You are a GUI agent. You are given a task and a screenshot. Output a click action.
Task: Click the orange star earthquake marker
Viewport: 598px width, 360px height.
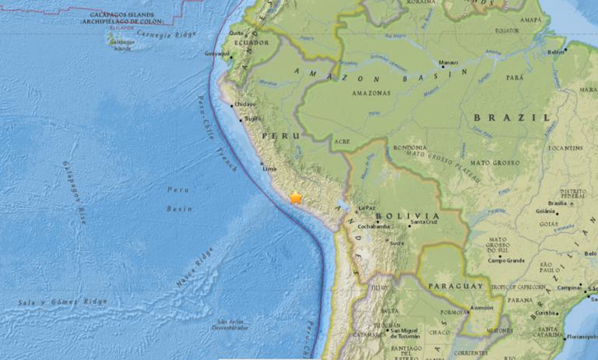point(296,198)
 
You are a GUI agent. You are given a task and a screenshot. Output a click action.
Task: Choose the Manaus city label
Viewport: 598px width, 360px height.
point(448,62)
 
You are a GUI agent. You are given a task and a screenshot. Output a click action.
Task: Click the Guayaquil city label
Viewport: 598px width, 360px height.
point(217,54)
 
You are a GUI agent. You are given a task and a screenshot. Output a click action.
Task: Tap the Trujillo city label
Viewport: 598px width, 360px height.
point(253,119)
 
